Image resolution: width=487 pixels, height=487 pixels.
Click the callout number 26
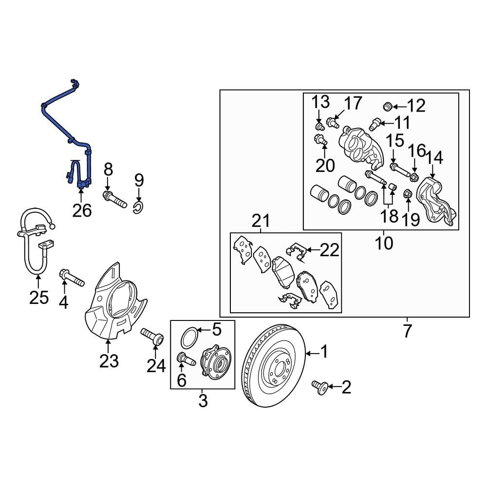pos(81,211)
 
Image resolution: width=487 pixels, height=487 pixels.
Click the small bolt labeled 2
pos(319,387)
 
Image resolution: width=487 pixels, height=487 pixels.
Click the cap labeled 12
pos(388,105)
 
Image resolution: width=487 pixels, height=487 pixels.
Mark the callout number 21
pos(261,222)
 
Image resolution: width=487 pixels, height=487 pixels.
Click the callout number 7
pos(407,331)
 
